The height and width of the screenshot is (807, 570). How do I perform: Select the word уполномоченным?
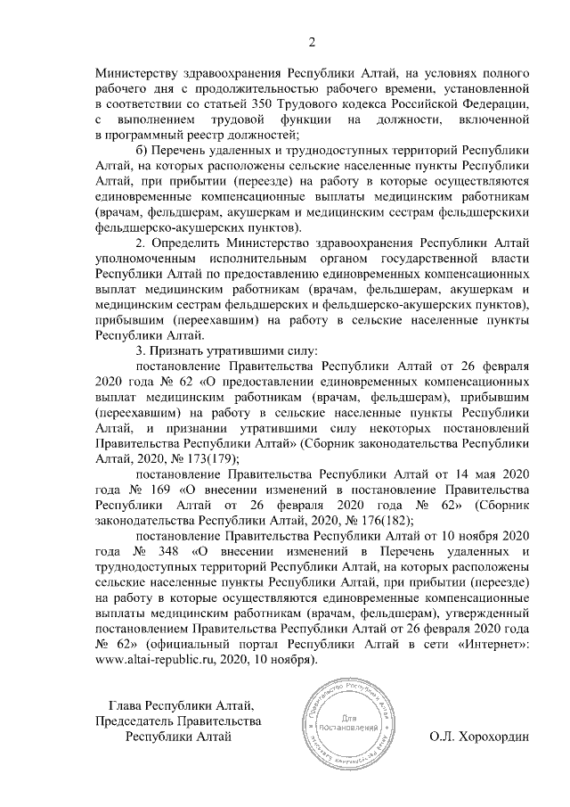click(145, 259)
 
